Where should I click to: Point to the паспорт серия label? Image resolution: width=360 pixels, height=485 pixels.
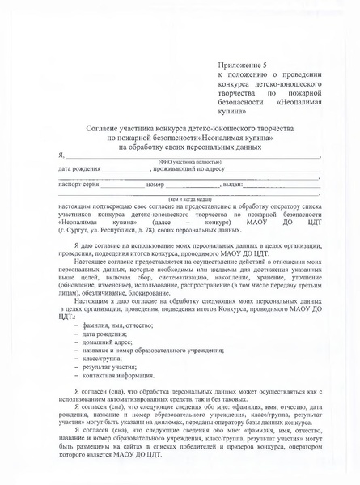point(83,185)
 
